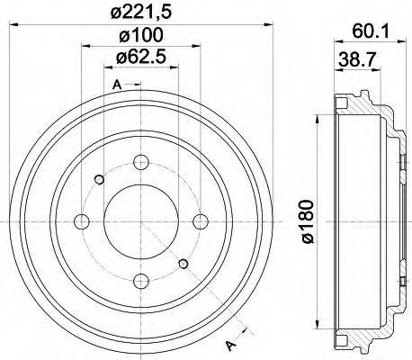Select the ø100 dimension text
point(138,37)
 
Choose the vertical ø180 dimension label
point(307,221)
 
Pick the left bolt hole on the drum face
point(81,221)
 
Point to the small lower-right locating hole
point(184,264)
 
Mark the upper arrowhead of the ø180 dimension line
point(320,120)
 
